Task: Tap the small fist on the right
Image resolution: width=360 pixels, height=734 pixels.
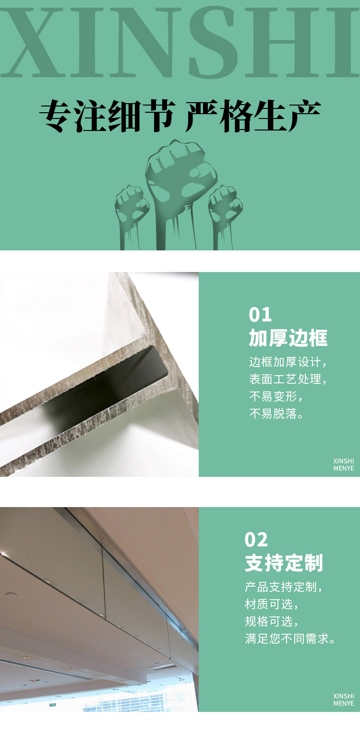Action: (x=226, y=205)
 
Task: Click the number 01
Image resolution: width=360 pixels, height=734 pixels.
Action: (x=260, y=315)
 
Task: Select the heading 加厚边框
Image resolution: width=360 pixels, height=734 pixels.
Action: (x=288, y=338)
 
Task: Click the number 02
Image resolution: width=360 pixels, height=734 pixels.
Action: (x=256, y=540)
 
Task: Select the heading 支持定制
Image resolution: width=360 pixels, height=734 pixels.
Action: (x=284, y=563)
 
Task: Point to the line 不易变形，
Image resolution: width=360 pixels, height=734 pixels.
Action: (x=276, y=396)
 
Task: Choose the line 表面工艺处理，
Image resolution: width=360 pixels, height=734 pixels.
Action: (x=288, y=379)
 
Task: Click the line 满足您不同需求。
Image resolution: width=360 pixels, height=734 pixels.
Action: (x=290, y=639)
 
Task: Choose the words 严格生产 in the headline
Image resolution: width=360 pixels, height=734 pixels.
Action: (x=252, y=117)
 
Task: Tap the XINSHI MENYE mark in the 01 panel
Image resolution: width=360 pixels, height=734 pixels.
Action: (x=344, y=464)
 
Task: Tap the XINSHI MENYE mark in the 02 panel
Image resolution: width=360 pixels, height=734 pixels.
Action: (x=344, y=699)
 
